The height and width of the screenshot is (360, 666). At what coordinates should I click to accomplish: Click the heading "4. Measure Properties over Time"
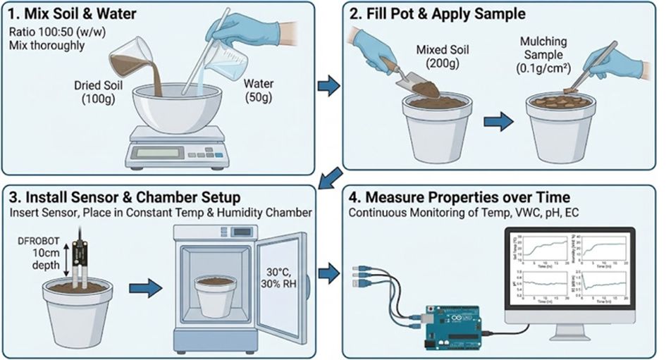(459, 197)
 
